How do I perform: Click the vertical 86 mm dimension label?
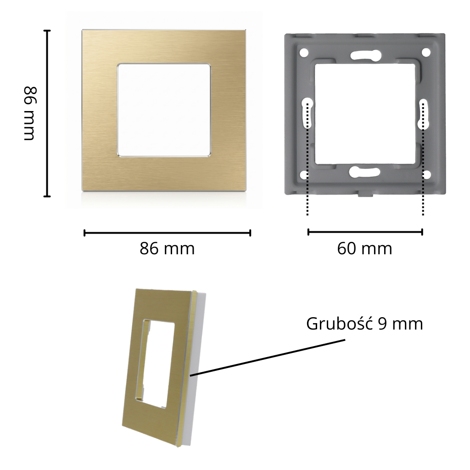(x=30, y=113)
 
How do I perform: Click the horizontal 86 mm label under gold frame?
(x=167, y=248)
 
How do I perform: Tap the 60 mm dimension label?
(x=364, y=248)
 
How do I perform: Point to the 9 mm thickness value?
(x=400, y=324)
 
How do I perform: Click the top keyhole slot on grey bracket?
(x=366, y=55)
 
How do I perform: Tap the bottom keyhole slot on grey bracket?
(x=364, y=172)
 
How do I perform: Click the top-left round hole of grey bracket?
(x=304, y=52)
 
